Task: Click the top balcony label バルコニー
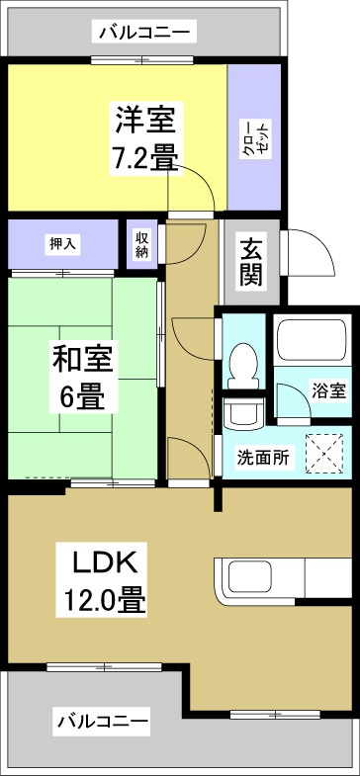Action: click(144, 34)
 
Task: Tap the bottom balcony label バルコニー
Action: click(103, 722)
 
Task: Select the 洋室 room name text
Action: click(144, 121)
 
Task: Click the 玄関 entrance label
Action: click(251, 262)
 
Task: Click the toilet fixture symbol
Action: click(242, 366)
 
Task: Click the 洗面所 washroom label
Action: click(263, 458)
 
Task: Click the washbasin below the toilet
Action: click(241, 410)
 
